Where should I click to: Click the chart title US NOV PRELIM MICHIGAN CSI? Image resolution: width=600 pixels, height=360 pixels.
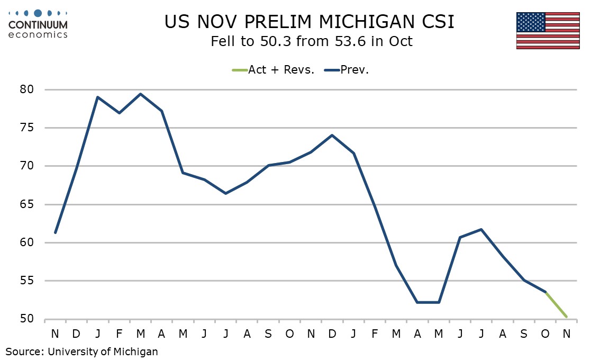tap(310, 22)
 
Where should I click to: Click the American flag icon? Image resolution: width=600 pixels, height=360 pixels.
tap(548, 30)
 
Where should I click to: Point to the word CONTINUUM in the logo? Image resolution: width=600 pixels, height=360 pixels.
tap(39, 25)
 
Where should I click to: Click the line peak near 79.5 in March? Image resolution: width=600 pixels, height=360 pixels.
tap(140, 94)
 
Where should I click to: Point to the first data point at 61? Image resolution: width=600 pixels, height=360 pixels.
tap(55, 232)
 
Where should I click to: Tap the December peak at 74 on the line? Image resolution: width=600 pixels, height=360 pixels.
tap(332, 135)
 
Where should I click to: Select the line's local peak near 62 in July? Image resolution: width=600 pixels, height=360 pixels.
tap(481, 229)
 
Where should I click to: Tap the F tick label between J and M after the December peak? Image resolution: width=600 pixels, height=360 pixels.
tap(375, 334)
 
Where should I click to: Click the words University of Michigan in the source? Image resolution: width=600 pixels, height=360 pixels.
tap(103, 350)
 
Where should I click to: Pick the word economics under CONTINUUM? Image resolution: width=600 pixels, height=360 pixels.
tap(39, 34)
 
